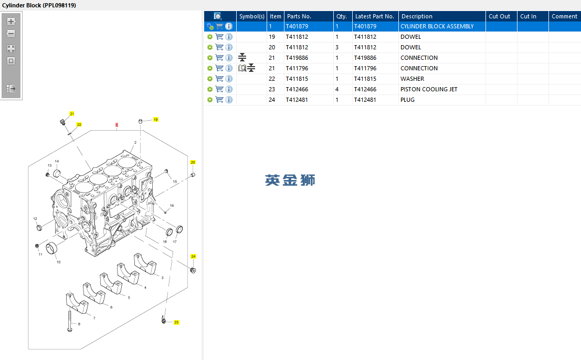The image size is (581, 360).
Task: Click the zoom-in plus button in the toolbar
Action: [x=11, y=22]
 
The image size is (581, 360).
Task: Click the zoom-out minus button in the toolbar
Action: [x=11, y=34]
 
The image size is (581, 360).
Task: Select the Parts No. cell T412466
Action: [x=297, y=89]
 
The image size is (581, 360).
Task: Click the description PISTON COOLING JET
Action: [x=429, y=89]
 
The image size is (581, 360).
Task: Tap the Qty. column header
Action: [x=342, y=16]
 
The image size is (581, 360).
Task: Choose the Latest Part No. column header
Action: [x=375, y=16]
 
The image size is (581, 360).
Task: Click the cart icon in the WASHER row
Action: [x=219, y=79]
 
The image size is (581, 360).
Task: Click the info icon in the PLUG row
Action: [x=229, y=100]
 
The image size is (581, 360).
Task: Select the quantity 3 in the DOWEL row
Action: [x=337, y=47]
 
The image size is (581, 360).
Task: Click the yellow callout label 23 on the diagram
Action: [x=176, y=322]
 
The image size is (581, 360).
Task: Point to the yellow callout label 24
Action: [x=194, y=256]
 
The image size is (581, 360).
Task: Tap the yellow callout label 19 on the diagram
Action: [x=156, y=120]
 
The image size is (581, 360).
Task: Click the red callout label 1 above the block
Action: [x=117, y=125]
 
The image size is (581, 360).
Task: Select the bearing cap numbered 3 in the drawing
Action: [x=145, y=263]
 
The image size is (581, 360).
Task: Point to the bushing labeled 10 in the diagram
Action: [x=52, y=249]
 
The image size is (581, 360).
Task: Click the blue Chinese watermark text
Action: [x=290, y=181]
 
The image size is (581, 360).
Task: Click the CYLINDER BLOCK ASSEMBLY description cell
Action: [x=437, y=26]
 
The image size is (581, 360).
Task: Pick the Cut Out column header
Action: [x=500, y=16]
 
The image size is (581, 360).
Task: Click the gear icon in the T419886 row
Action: [x=210, y=58]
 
